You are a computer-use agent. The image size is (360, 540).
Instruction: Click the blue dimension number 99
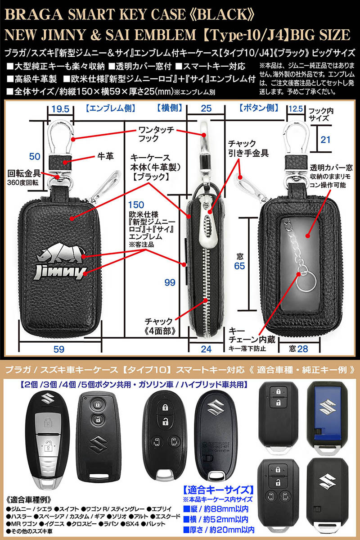[x=170, y=282]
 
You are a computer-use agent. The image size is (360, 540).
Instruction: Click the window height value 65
[x=240, y=266]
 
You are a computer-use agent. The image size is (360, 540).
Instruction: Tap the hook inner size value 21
[x=326, y=140]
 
